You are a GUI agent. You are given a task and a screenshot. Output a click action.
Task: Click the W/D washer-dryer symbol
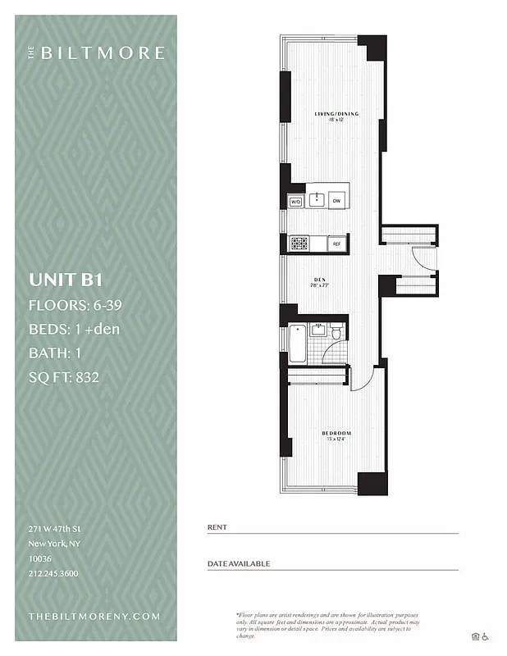295,201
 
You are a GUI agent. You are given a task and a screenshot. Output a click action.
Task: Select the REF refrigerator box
336,244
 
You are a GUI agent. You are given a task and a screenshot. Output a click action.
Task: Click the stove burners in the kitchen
299,244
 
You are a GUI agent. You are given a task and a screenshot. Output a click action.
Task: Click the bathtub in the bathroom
297,344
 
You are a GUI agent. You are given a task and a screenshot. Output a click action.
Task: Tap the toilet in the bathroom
336,331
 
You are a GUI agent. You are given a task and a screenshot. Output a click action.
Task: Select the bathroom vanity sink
319,330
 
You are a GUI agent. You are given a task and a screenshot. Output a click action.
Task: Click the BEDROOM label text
336,433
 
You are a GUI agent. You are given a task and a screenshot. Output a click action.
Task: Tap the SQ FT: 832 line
69,378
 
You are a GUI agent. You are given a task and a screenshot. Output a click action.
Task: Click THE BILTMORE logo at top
97,53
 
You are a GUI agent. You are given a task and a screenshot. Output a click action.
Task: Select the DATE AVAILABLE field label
238,564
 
